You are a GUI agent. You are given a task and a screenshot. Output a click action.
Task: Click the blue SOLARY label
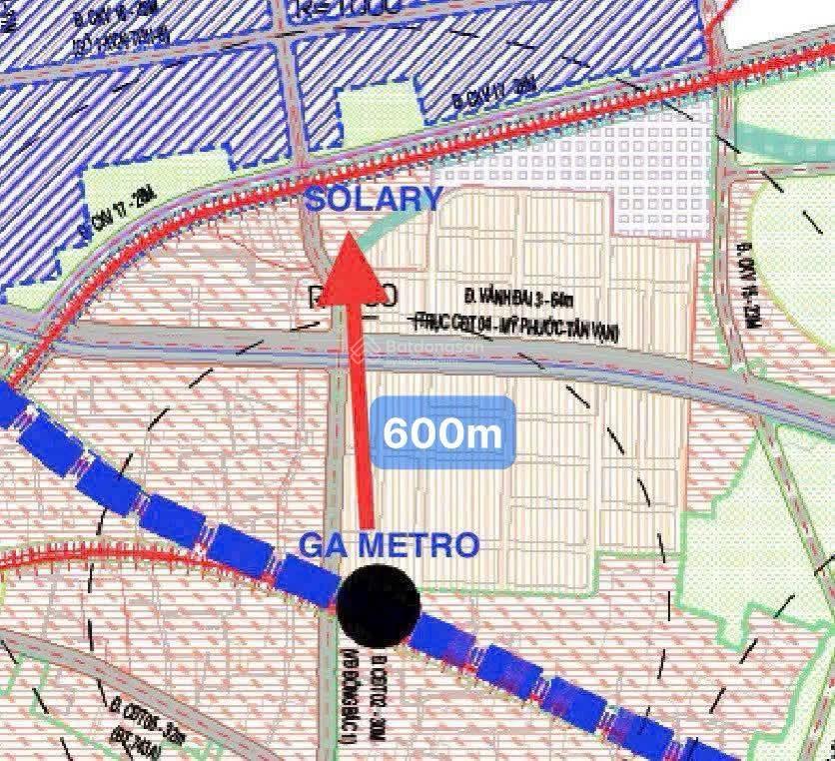click(x=374, y=199)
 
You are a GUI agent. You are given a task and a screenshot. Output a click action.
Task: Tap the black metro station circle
click(x=378, y=601)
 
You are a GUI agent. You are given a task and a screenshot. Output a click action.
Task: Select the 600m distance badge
click(x=442, y=432)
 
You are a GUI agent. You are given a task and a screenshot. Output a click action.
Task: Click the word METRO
click(x=428, y=545)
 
